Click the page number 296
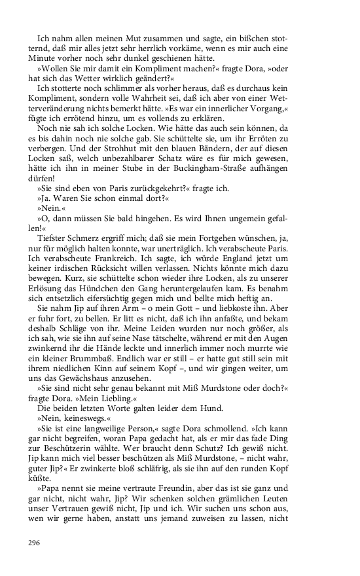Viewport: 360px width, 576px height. pyautogui.click(x=35, y=543)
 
